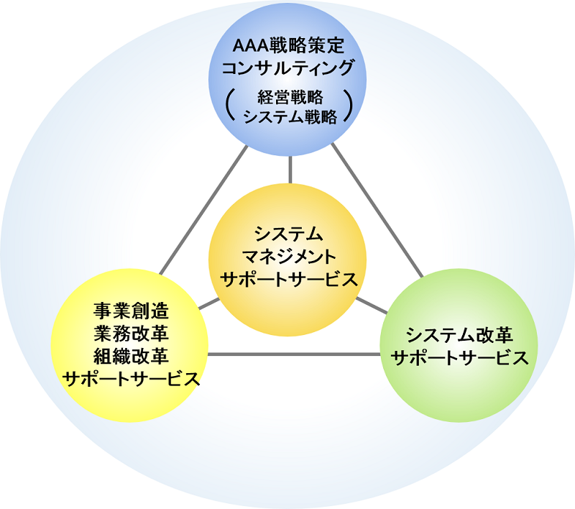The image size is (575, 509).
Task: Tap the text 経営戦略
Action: (290, 96)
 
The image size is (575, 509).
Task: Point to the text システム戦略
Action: (290, 118)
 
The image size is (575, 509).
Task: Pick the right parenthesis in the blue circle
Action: (349, 106)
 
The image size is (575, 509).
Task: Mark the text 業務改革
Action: (131, 334)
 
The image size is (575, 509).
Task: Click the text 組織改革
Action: (131, 356)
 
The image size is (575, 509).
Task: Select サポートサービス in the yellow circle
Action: (131, 379)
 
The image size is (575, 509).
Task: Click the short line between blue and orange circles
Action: (290, 170)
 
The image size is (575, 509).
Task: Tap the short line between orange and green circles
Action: (371, 304)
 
